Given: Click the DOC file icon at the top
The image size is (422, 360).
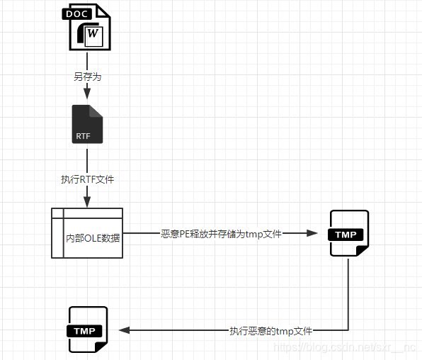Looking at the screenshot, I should coord(87,27).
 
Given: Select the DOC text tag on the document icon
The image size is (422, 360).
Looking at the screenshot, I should coord(78,13).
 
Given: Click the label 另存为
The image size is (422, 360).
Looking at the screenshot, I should coord(87,76).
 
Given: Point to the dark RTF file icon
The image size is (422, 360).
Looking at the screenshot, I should coord(87,124).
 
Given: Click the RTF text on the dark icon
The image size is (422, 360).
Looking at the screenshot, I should coord(84,135).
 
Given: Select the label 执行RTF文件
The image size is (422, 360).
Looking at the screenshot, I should coord(87,179).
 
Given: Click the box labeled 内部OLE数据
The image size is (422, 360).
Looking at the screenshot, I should coord(87,233).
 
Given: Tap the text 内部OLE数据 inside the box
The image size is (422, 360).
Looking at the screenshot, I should coord(93,237).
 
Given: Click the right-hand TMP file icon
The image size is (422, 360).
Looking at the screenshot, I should coord(349,234).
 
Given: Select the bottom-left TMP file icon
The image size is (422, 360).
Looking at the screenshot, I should coord(87,330).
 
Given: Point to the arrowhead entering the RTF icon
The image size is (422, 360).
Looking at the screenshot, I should coord(87,96).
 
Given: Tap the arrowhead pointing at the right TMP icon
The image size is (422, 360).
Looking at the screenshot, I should coord(315,233).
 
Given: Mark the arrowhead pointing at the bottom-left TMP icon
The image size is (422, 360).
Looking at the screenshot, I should coord(124,330).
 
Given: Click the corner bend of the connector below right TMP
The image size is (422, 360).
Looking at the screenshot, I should coord(349,330).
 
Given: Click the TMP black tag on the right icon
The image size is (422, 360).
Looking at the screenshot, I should coord(346,235).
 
